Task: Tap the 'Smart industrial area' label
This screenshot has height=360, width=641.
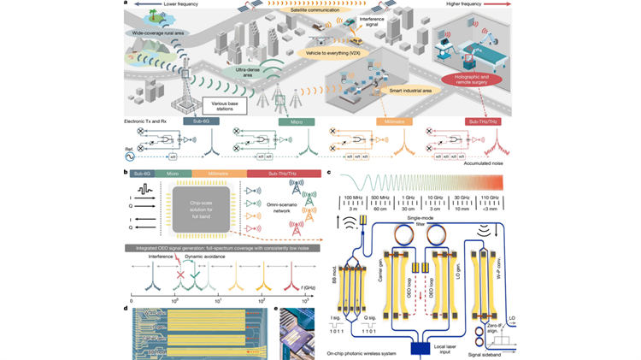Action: coord(401,88)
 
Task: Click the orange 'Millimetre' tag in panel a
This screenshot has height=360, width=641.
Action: coord(394,122)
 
